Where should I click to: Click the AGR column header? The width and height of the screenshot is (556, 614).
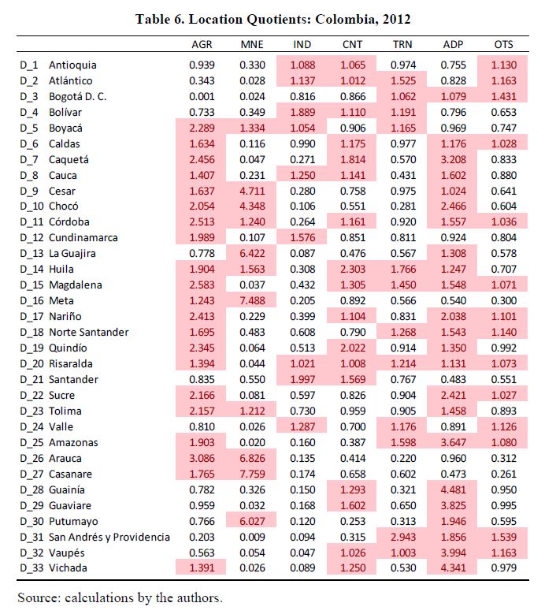(x=202, y=45)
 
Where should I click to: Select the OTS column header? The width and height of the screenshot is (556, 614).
(x=503, y=45)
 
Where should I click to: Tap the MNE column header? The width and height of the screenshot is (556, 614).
(x=252, y=45)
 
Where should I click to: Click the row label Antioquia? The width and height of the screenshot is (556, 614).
(x=72, y=65)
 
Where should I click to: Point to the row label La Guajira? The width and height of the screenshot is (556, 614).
(x=72, y=253)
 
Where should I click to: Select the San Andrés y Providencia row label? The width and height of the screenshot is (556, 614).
(x=109, y=537)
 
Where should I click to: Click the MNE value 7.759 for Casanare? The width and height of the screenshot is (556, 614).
(x=252, y=474)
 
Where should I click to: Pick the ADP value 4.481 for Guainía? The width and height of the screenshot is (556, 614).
(x=454, y=490)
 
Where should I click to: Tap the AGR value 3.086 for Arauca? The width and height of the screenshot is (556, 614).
(x=202, y=458)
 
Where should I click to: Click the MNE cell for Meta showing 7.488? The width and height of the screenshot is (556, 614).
(x=252, y=301)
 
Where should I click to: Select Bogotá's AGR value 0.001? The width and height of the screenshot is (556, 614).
(x=202, y=96)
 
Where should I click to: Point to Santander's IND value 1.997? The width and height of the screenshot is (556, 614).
(x=302, y=379)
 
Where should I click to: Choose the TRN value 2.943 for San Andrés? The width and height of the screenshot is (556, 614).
(x=403, y=537)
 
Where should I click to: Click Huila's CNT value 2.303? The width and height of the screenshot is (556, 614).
(x=353, y=269)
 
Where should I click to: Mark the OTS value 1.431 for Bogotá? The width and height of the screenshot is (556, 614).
(x=504, y=96)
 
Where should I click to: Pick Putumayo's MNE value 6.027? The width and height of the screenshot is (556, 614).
(x=252, y=521)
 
